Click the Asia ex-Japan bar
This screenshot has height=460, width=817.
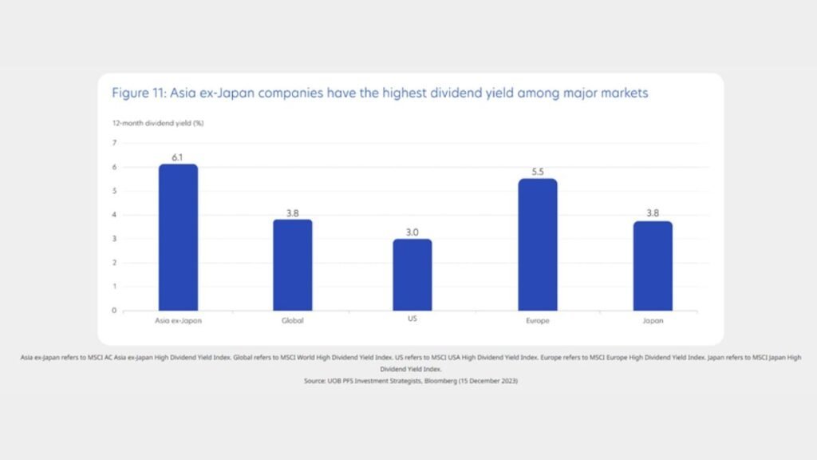(x=178, y=237)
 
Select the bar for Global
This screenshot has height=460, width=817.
(x=293, y=265)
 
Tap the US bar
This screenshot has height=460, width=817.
(x=412, y=275)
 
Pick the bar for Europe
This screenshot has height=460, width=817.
(x=537, y=244)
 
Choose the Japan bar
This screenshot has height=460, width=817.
(x=653, y=266)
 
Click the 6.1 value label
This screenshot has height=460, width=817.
(x=178, y=157)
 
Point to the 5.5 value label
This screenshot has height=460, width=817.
(x=537, y=172)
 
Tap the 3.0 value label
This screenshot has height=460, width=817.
(x=412, y=232)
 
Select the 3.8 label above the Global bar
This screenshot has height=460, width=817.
(x=293, y=212)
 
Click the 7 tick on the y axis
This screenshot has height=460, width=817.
(x=114, y=143)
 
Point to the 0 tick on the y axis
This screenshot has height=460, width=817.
(x=114, y=310)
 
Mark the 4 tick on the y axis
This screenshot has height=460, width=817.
(x=114, y=215)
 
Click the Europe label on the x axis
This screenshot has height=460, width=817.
(x=537, y=320)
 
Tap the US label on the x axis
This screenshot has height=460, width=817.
(x=412, y=319)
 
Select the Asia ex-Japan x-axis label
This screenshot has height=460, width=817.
(x=178, y=320)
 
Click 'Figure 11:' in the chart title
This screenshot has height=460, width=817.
(x=139, y=93)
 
